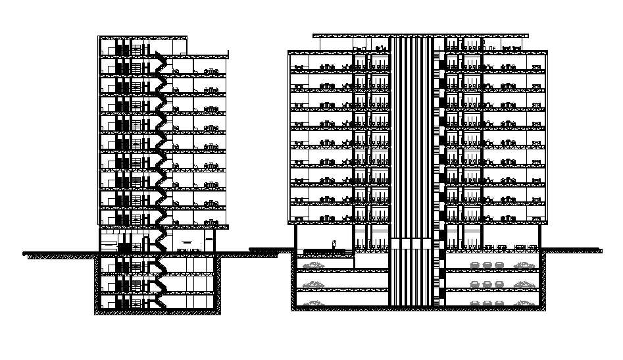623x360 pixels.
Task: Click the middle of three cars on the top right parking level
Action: click(x=487, y=265)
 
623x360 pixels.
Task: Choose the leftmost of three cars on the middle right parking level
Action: click(x=475, y=283)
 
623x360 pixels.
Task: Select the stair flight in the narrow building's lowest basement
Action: click(x=157, y=300)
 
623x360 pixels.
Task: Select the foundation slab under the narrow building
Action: click(x=158, y=311)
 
